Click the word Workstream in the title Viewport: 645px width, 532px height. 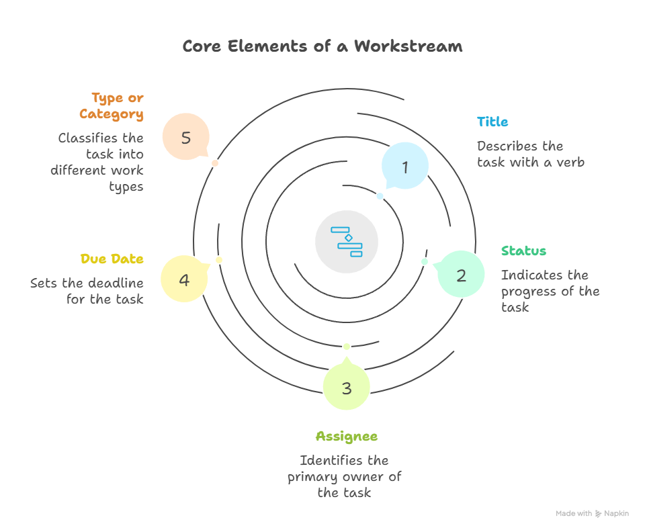click(408, 46)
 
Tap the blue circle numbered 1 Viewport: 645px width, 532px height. click(405, 166)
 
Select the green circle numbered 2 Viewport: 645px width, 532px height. click(461, 274)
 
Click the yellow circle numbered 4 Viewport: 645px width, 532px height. click(184, 279)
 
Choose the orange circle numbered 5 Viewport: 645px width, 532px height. click(186, 136)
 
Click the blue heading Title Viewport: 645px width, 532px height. click(492, 122)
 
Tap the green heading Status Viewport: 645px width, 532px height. click(523, 251)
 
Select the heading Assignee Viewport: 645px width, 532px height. click(347, 437)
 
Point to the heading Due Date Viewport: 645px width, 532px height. click(112, 259)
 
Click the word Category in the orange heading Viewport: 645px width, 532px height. click(112, 114)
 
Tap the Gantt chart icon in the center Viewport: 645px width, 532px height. click(347, 242)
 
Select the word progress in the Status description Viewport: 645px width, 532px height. click(530, 292)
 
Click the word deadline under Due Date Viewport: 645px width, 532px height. click(116, 283)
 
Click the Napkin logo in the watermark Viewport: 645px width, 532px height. click(598, 513)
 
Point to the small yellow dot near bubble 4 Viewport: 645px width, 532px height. click(219, 260)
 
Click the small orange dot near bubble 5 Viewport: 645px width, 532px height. click(215, 163)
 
